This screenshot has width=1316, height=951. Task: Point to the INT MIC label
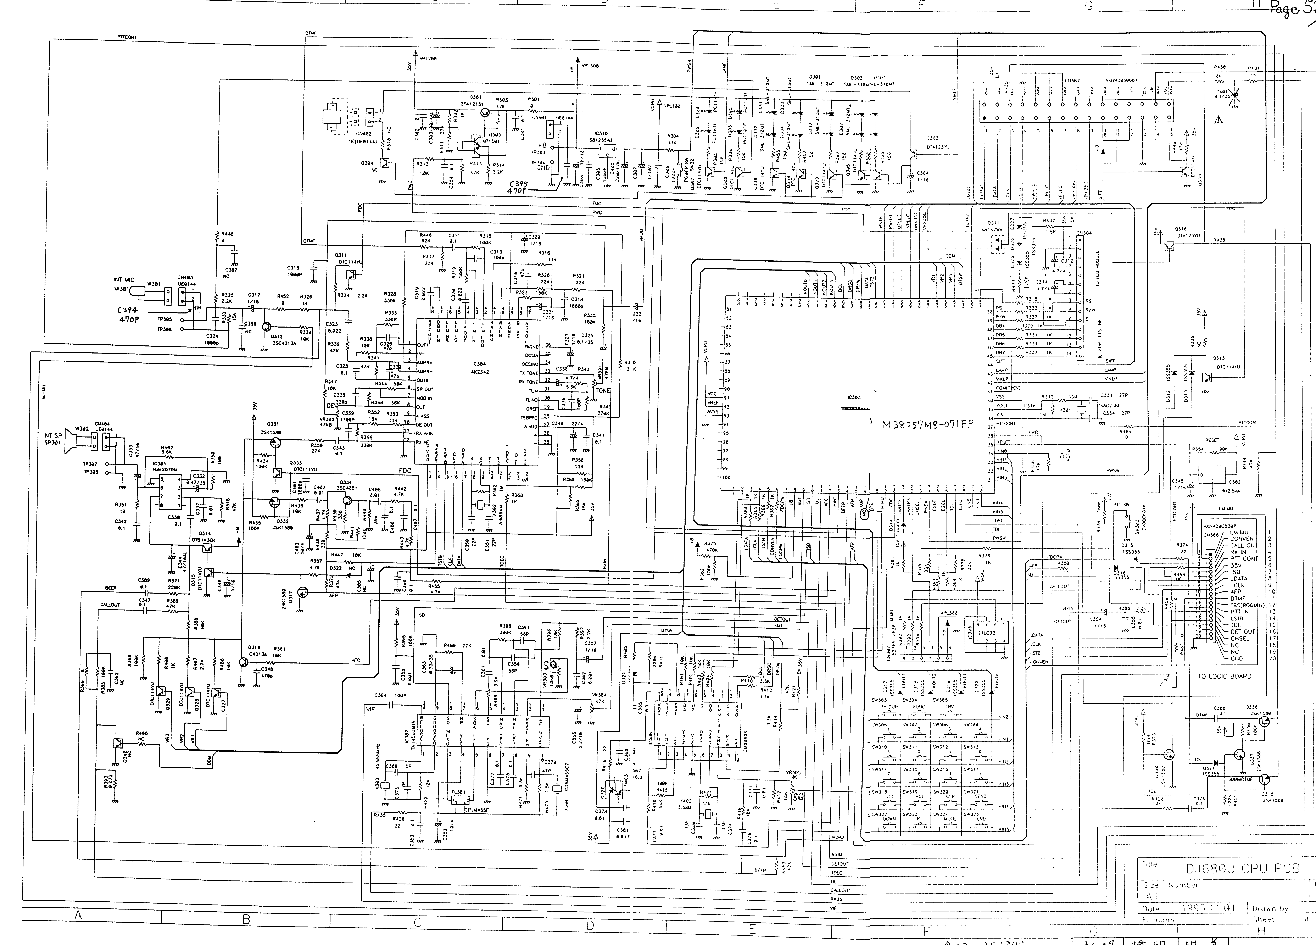pyautogui.click(x=124, y=280)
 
